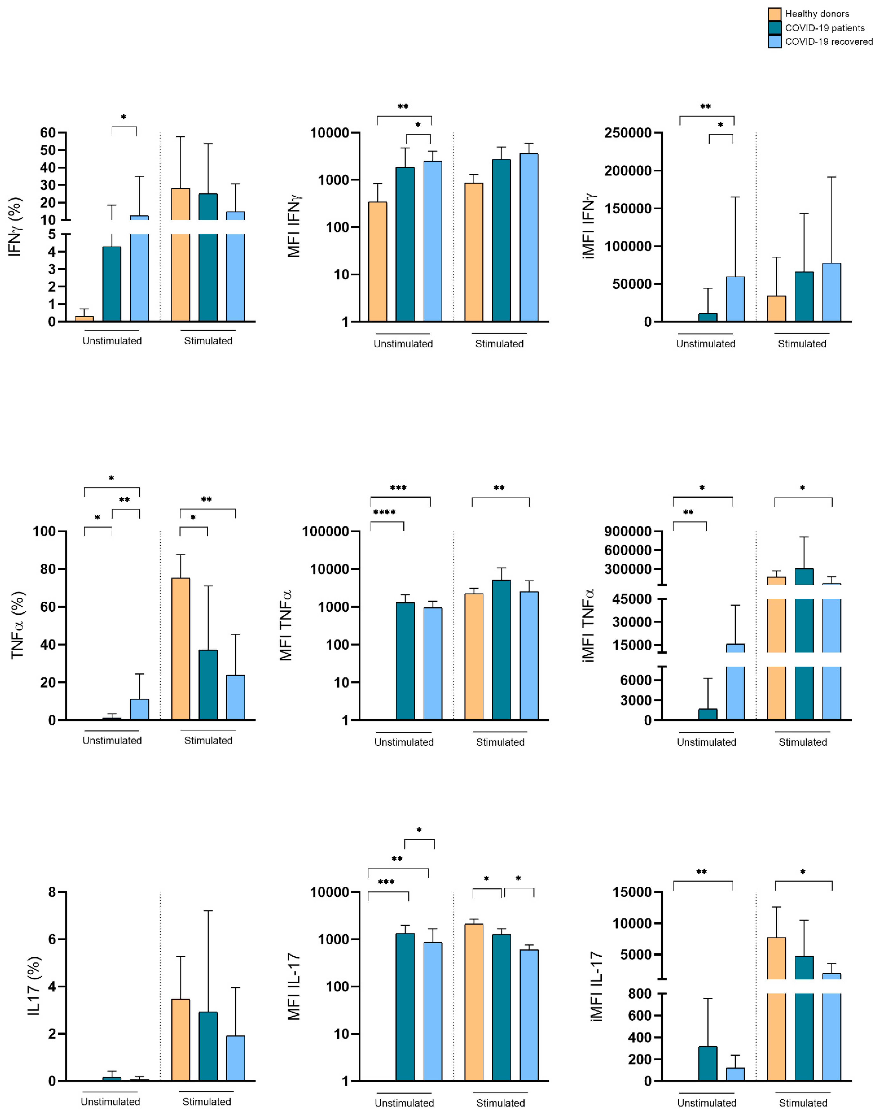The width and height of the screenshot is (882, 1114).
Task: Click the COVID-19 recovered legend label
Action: tap(829, 42)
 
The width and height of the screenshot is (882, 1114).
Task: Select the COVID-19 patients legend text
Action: tap(825, 28)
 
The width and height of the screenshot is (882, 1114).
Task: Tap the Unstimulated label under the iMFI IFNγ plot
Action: tap(705, 344)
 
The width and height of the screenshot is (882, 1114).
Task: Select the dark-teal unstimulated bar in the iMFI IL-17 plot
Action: tap(708, 1063)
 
